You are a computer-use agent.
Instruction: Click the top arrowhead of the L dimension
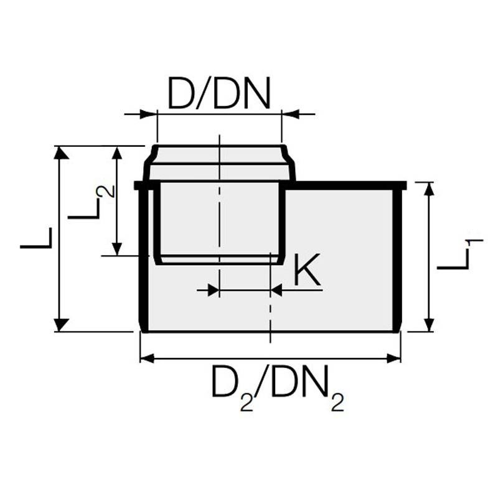60,153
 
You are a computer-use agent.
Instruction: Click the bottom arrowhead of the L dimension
60,324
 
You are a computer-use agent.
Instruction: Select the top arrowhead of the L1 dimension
428,189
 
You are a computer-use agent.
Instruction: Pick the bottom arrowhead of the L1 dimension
428,324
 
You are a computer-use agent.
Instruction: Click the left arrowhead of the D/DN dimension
149,114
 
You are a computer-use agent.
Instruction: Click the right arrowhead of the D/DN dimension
289,114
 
